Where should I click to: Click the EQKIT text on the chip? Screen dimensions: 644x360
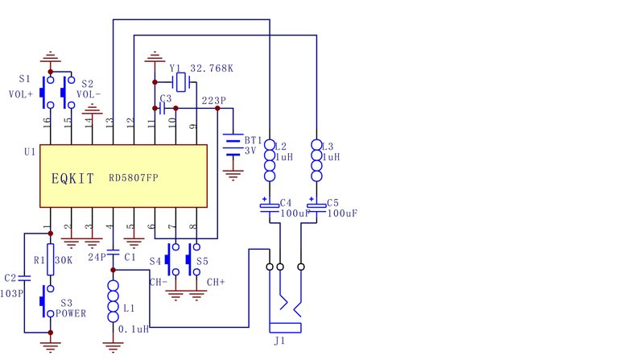[72, 178]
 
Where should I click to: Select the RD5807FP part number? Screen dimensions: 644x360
[134, 178]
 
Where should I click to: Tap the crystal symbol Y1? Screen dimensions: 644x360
[180, 82]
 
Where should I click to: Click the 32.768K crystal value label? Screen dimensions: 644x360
[212, 68]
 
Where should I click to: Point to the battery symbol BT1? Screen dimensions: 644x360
[233, 145]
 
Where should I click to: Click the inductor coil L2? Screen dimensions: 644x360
[270, 160]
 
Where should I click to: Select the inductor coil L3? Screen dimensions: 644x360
[316, 160]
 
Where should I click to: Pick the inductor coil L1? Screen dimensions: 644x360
[113, 301]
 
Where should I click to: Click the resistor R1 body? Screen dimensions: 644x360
[50, 259]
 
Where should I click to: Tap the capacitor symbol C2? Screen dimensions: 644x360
[24, 278]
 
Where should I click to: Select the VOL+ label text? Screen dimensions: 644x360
[21, 94]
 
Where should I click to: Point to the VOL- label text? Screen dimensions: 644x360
[89, 94]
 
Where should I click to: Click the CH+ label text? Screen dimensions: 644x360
[216, 283]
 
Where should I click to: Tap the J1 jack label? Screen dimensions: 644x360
[279, 341]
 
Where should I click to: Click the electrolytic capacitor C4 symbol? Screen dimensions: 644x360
[270, 205]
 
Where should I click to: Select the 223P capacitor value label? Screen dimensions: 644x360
[213, 101]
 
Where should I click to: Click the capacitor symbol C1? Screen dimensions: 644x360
[113, 251]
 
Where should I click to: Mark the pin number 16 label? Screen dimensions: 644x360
[46, 121]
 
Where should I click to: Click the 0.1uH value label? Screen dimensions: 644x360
[134, 329]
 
